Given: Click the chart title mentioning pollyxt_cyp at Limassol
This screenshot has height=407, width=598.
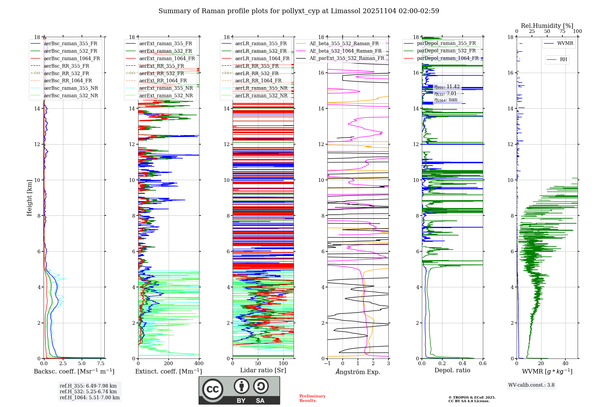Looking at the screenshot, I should (x=299, y=11).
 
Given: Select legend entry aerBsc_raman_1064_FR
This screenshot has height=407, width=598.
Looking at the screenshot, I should (x=72, y=59).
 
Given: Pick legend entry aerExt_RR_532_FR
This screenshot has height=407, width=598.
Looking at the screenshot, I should (x=161, y=73).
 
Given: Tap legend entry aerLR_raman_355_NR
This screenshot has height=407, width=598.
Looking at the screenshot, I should (x=261, y=88).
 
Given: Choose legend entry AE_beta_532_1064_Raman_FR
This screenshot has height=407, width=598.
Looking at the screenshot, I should (x=345, y=51).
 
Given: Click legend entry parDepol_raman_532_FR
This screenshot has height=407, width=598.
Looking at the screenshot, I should (x=446, y=51).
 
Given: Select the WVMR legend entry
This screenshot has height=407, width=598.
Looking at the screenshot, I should (x=565, y=43).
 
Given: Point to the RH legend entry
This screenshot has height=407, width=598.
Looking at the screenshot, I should (x=563, y=60).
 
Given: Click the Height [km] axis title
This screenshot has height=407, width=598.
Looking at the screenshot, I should (x=29, y=198).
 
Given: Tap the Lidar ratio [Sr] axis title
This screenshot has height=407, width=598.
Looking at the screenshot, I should (x=263, y=370).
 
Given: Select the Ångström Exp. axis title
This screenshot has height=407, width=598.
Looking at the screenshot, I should (x=358, y=372).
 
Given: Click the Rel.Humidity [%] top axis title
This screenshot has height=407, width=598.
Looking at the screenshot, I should (x=547, y=26).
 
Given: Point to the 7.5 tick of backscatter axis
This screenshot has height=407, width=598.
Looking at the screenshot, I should (x=101, y=364).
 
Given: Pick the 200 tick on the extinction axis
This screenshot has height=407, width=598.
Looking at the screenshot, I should (x=169, y=364).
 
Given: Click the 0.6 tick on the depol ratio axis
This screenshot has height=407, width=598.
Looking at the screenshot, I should (x=483, y=364).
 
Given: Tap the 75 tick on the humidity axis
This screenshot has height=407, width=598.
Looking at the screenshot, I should (x=562, y=31).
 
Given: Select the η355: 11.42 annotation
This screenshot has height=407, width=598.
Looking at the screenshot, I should (x=447, y=87).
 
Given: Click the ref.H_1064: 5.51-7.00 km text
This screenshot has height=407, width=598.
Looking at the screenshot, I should (x=90, y=397).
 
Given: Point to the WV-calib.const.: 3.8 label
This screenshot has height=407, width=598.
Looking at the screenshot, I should (x=531, y=385).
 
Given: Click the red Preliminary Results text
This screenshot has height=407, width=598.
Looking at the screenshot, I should (x=312, y=398).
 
